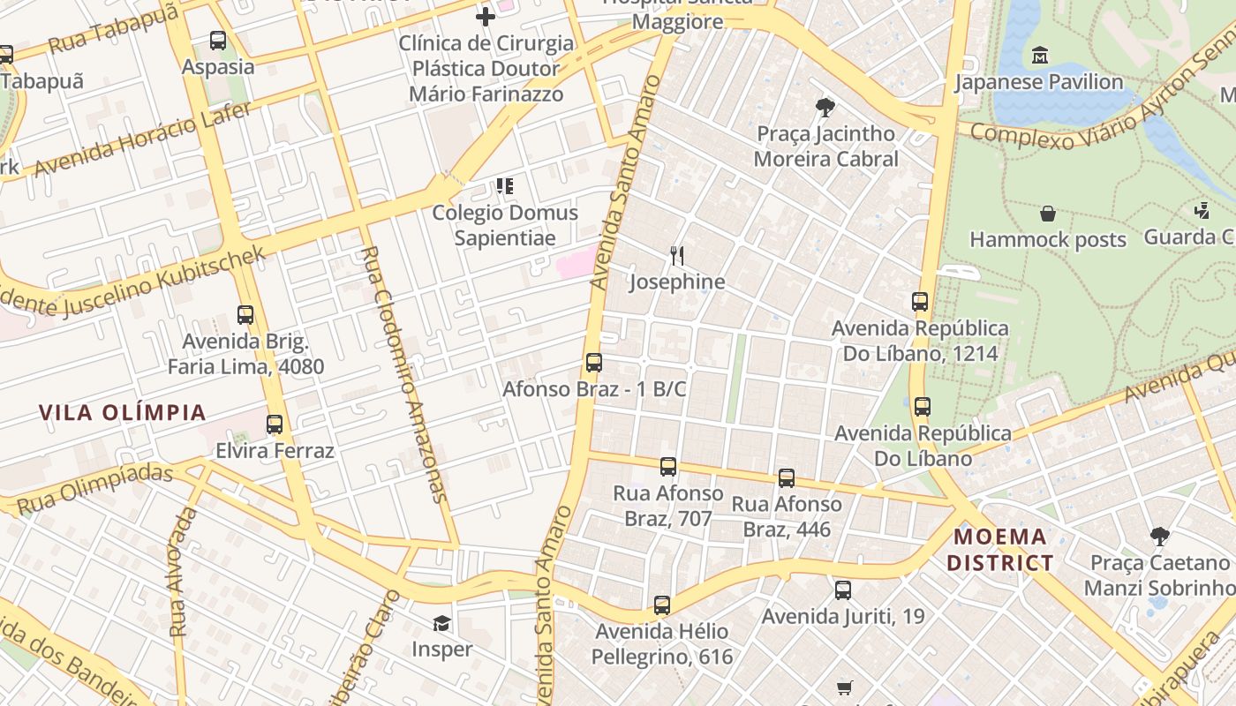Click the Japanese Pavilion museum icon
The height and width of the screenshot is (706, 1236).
click(1039, 56)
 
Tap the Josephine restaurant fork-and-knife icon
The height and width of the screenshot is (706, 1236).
click(677, 256)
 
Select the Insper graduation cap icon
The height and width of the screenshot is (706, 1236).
click(441, 624)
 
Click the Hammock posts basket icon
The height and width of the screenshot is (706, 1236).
click(1048, 214)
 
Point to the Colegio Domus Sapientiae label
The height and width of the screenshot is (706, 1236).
click(505, 225)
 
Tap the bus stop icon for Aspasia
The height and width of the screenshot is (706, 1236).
click(218, 41)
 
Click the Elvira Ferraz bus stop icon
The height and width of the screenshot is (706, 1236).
click(275, 424)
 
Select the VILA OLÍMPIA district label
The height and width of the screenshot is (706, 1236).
click(123, 412)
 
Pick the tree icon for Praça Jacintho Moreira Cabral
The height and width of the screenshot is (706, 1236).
click(825, 108)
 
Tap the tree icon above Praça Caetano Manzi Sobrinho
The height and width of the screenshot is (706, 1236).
click(1159, 537)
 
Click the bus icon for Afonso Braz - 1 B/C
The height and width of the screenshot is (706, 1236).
click(594, 363)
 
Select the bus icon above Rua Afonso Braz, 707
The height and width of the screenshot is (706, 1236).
click(668, 467)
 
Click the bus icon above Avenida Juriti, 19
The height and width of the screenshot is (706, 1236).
click(843, 590)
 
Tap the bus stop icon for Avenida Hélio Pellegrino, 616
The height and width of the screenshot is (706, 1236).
click(662, 605)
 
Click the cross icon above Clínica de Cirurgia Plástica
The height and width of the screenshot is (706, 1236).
click(485, 16)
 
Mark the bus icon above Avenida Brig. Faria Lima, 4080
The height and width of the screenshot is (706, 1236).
click(245, 315)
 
